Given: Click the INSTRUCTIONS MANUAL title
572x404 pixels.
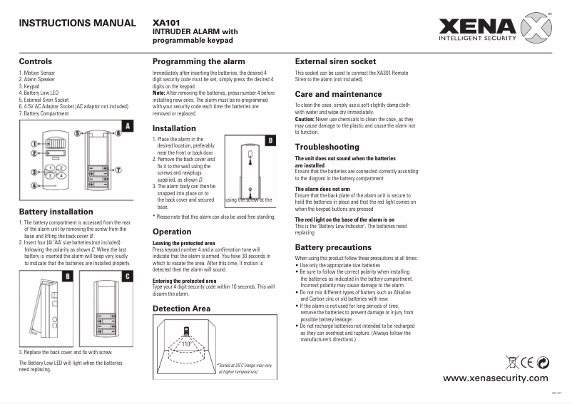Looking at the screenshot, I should pos(76,23).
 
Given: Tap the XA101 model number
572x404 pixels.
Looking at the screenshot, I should pos(166,22).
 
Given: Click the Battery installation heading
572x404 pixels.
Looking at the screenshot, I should pos(56,212).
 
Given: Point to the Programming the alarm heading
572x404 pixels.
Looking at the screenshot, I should pos(198,61).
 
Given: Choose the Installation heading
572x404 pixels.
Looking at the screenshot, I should pos(175,128).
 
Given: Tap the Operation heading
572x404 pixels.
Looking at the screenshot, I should pos(172,232).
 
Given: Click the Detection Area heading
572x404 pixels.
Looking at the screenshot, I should pos(182,309).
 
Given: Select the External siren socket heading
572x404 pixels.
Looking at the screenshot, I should pos(335,61).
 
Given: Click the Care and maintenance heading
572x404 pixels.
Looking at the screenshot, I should pos(338,94).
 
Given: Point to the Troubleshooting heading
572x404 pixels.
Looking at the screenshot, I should pos(327,147).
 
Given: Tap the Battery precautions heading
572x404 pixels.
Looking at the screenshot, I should pos(332,247).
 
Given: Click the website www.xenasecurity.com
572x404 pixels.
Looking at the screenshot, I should pos(496,378).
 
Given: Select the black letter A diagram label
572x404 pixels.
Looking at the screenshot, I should pos(128,126).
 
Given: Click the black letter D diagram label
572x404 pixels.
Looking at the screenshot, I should pos(270,141).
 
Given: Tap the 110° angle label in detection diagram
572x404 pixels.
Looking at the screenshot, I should pos(187,344).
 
